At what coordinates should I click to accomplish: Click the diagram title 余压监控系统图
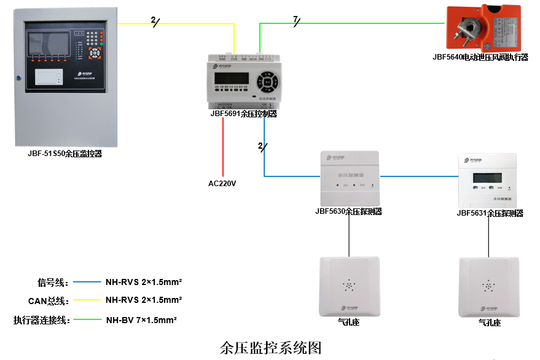point(270,348)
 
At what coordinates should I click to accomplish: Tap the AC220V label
point(222,183)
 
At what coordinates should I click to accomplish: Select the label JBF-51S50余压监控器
point(65,154)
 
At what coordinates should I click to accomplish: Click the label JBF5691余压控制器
point(243,114)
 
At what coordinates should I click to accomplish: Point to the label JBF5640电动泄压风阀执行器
point(480,57)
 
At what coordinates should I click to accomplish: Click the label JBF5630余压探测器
point(348,211)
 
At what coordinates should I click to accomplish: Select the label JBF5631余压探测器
point(490,213)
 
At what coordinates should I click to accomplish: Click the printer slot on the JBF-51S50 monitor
point(50,76)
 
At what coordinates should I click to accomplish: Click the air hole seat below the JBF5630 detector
point(349,286)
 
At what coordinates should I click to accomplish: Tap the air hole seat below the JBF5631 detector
point(489,286)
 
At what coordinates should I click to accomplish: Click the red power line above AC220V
point(222,147)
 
